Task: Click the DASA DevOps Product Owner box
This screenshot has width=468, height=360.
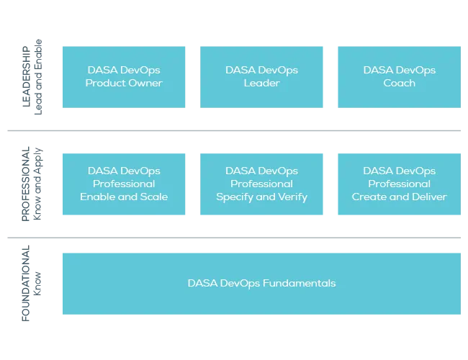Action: click(124, 77)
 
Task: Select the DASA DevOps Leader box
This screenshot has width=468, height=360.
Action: click(261, 77)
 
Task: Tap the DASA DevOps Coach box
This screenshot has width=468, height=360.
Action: click(398, 77)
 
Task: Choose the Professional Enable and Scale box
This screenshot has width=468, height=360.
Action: click(124, 184)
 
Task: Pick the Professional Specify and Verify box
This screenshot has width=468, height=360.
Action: click(261, 184)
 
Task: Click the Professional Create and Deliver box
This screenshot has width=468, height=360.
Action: click(398, 184)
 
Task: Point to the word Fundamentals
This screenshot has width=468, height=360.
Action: click(299, 283)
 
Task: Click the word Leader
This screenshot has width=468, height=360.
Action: click(261, 83)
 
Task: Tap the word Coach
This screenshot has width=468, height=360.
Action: click(399, 83)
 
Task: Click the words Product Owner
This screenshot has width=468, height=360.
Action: click(124, 83)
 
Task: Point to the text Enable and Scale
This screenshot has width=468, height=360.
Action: click(124, 197)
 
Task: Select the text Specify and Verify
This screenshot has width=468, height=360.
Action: click(261, 197)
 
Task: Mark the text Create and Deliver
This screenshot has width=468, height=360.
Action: click(399, 197)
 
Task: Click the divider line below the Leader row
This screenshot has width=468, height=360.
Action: click(233, 130)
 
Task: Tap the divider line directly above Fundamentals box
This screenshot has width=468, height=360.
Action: click(233, 238)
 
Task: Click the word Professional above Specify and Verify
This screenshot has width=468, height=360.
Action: click(261, 184)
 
